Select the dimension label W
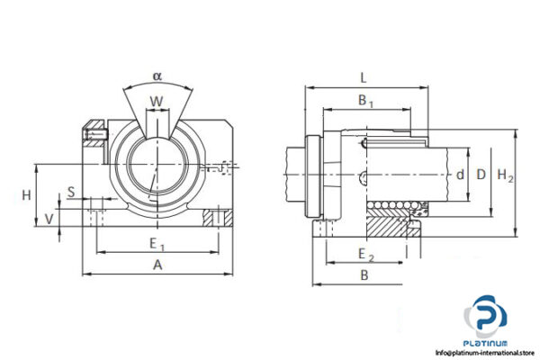(157, 101)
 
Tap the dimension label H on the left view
(26, 195)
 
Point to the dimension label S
(71, 191)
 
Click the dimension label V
(49, 219)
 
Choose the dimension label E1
(157, 243)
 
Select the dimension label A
(157, 265)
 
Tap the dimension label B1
(365, 102)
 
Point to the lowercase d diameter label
(459, 175)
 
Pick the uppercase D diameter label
(481, 175)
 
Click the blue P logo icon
(487, 319)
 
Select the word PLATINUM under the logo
(487, 344)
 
